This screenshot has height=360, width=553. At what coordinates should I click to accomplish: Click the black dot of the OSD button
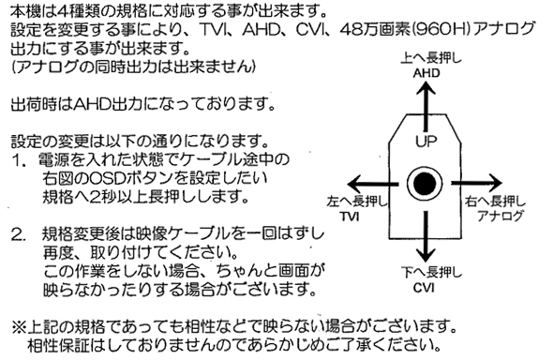425,184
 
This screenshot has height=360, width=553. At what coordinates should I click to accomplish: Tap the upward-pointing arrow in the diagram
426,105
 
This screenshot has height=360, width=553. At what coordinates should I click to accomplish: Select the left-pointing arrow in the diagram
373,184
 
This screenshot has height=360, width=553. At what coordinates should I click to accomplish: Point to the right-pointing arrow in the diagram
477,183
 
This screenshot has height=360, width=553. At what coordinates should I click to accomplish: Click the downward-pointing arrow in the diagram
426,236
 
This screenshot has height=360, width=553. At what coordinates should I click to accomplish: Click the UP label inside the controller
426,142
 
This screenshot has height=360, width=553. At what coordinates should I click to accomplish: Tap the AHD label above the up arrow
426,73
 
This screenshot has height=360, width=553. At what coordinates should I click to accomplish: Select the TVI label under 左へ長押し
351,216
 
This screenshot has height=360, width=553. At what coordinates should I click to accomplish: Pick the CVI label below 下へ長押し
424,288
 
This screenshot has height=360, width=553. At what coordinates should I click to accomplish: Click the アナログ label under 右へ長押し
501,216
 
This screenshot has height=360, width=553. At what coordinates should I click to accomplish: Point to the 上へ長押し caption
431,58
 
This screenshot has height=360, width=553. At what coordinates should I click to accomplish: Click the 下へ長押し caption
431,272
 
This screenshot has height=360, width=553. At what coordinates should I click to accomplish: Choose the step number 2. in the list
19,234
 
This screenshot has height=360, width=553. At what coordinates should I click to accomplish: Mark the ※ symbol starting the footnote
19,327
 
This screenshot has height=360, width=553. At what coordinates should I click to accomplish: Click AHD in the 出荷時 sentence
91,104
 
